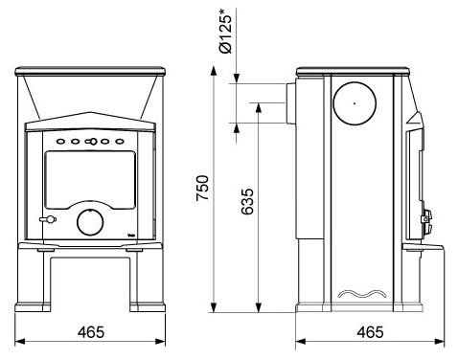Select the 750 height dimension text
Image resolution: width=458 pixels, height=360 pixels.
click(x=202, y=188)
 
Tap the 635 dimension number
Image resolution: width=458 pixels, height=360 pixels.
click(x=247, y=201)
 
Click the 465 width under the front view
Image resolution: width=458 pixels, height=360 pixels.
click(x=91, y=332)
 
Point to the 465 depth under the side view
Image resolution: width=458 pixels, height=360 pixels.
click(x=370, y=332)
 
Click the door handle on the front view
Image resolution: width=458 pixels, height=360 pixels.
click(x=48, y=219)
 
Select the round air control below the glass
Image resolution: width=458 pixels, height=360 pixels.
click(x=90, y=222)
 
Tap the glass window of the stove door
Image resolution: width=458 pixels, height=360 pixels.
click(x=90, y=180)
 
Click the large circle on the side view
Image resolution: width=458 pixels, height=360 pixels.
click(x=355, y=103)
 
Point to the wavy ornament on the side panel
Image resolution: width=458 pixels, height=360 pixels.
click(x=362, y=294)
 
